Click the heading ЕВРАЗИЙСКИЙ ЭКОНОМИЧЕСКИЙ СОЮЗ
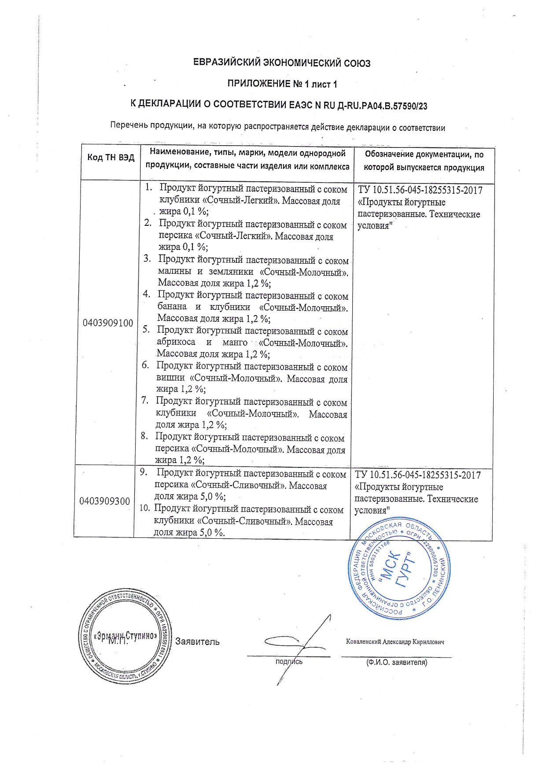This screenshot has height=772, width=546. (282, 63)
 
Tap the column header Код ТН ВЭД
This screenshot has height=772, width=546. (111, 157)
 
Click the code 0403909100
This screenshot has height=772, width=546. (108, 323)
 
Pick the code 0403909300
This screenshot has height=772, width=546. (105, 501)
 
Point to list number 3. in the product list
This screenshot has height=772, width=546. (148, 259)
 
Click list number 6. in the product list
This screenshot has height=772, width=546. (146, 365)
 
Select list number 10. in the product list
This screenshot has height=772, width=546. (145, 508)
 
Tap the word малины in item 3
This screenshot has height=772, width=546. (174, 271)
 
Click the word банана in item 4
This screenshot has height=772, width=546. (172, 306)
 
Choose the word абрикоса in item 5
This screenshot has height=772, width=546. (176, 342)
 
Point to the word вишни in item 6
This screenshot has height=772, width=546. (170, 378)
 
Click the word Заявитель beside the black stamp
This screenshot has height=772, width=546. (197, 642)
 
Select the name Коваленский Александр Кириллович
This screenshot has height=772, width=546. (395, 642)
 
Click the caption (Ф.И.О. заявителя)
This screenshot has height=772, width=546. (397, 662)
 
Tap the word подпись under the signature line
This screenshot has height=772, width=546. (289, 662)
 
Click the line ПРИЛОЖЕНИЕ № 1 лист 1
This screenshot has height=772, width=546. (282, 84)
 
